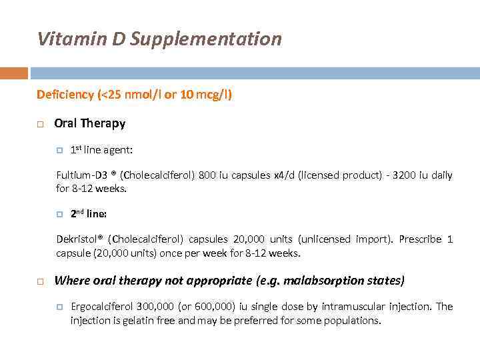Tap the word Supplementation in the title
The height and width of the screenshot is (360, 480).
click(206, 39)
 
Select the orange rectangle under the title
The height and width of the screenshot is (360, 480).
click(14, 73)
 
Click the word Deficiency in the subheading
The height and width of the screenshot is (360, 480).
click(65, 95)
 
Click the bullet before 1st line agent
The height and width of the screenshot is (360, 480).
click(60, 151)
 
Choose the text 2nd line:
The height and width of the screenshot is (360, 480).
click(89, 215)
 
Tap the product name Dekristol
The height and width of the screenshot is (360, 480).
click(78, 239)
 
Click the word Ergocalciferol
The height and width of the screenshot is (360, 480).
click(102, 307)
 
